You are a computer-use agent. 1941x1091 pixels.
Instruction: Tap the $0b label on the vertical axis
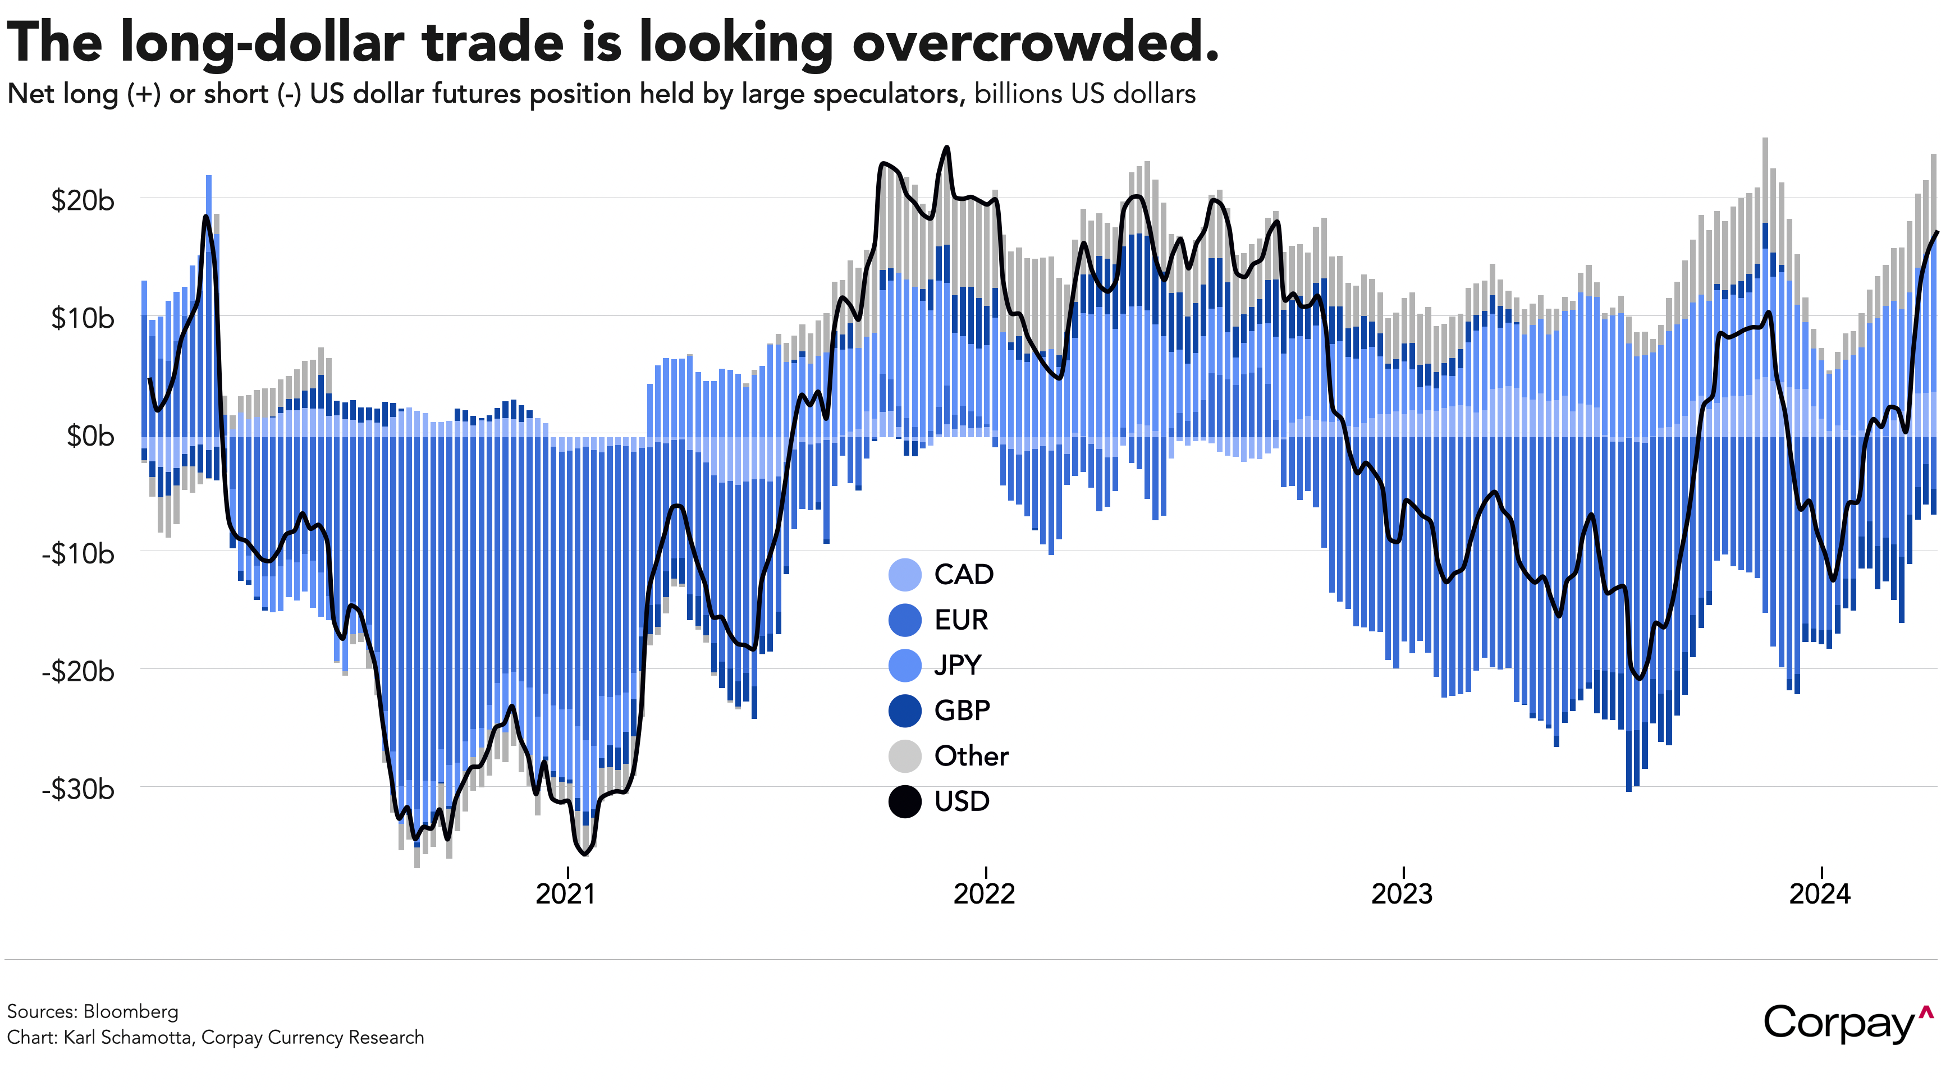pos(90,436)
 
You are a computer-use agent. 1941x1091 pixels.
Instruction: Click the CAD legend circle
pos(905,575)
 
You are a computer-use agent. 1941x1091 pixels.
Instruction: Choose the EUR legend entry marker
pos(905,620)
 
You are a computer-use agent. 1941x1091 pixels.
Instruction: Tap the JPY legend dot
pos(905,665)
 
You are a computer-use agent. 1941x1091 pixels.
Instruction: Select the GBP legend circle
pos(905,710)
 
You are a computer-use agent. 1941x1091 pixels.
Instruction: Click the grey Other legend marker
pos(905,757)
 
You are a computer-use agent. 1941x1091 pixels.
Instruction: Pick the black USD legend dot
pos(905,801)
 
